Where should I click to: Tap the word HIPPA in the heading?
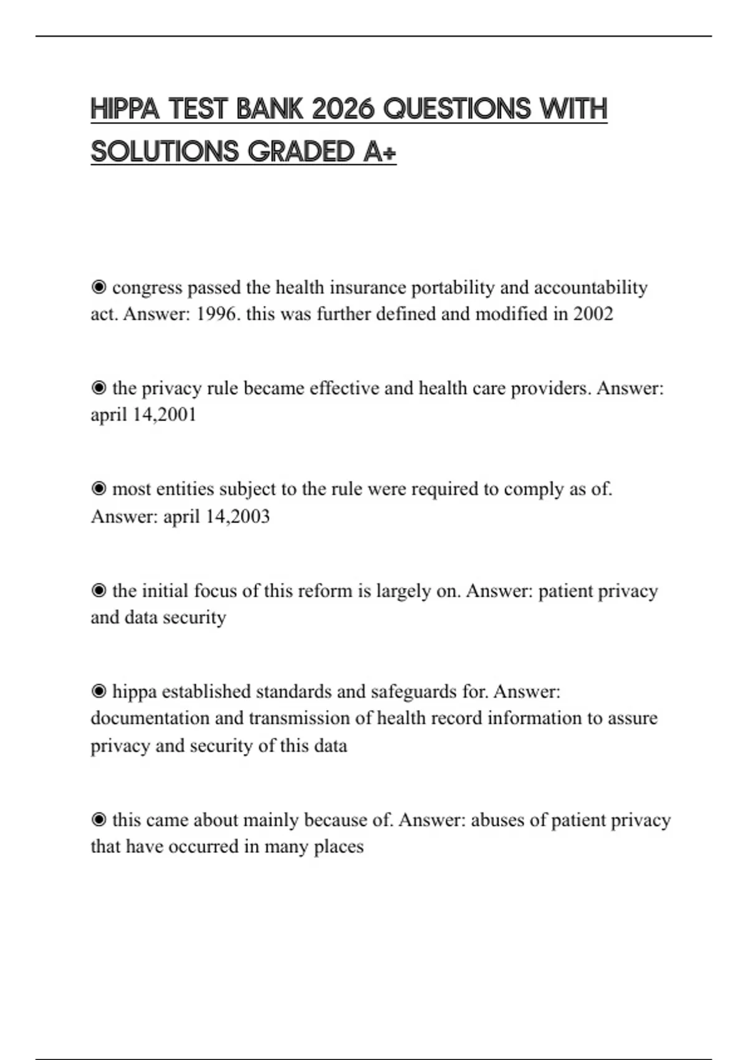pyautogui.click(x=125, y=109)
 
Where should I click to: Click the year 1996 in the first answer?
pyautogui.click(x=216, y=314)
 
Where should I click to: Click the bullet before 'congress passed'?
pyautogui.click(x=98, y=287)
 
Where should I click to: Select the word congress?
pyautogui.click(x=147, y=287)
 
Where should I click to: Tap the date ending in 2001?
pyautogui.click(x=143, y=415)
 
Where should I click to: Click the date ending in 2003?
pyautogui.click(x=216, y=516)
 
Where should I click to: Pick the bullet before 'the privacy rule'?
pyautogui.click(x=98, y=388)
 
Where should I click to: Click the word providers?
pyautogui.click(x=550, y=388)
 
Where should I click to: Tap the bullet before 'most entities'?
pyautogui.click(x=98, y=489)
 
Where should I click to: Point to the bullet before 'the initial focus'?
pyautogui.click(x=98, y=590)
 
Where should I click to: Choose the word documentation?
pyautogui.click(x=150, y=718)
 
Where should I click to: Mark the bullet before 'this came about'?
pyautogui.click(x=98, y=820)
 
